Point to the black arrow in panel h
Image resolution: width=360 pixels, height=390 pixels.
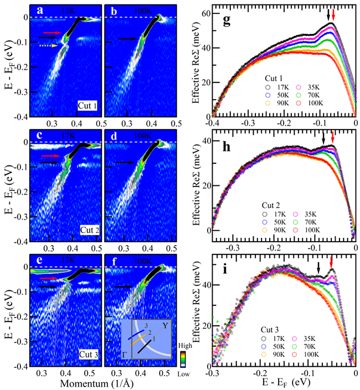[323, 138]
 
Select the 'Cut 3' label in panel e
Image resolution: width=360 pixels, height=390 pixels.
[88, 353]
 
